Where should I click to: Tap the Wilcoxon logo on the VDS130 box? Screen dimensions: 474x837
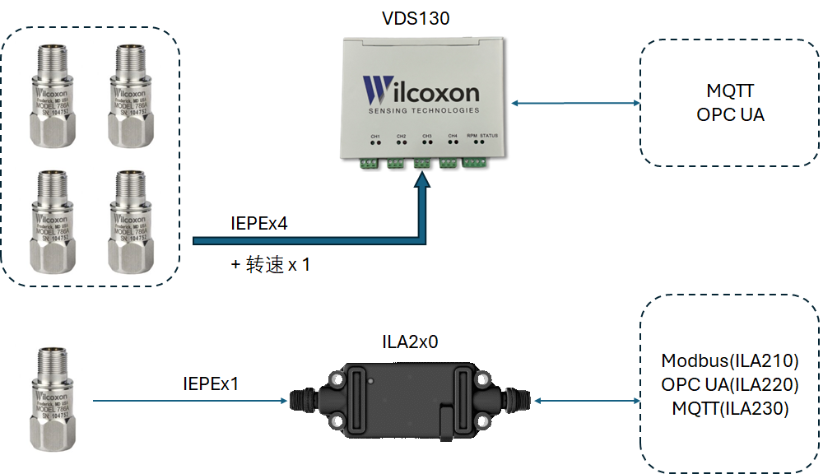click(x=420, y=91)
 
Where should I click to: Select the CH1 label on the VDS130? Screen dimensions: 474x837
click(x=375, y=135)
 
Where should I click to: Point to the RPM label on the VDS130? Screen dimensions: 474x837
click(x=472, y=135)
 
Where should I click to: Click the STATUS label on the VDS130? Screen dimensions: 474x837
click(x=489, y=135)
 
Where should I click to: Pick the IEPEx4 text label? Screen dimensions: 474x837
click(x=260, y=223)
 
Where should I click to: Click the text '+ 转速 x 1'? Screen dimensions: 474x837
click(x=272, y=265)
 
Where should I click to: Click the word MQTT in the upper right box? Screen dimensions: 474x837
click(x=730, y=91)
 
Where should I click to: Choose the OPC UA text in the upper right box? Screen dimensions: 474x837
click(x=730, y=114)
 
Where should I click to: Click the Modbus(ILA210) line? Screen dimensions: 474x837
click(x=730, y=360)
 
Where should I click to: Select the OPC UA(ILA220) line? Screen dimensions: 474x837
click(x=730, y=384)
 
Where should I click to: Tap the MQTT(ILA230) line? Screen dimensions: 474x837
click(x=730, y=407)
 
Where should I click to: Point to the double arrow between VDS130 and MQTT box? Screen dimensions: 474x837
click(x=575, y=103)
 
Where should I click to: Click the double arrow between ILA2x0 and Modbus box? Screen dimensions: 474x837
click(x=587, y=401)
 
